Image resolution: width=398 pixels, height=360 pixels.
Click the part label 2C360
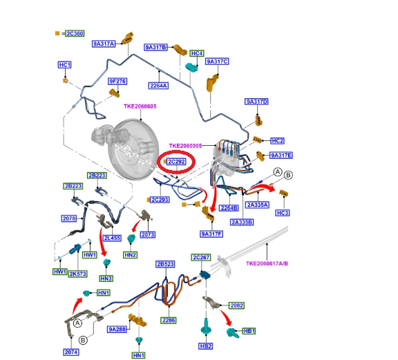[75, 33]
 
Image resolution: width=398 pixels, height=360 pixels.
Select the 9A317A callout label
[104, 44]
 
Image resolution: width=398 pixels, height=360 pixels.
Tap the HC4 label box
[197, 53]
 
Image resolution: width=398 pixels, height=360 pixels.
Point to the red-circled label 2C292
[177, 162]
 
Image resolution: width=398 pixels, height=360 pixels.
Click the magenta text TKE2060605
[140, 106]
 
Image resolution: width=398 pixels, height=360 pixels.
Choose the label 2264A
[159, 86]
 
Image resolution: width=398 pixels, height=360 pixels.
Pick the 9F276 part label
[117, 82]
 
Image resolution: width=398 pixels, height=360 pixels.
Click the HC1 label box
[65, 65]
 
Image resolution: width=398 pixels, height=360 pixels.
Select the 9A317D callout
[256, 102]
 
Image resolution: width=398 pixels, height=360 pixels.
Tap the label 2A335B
[242, 222]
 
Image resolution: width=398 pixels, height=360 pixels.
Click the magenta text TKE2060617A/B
[267, 263]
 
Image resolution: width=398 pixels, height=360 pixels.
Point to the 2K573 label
[77, 274]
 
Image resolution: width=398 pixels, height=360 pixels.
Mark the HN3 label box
[106, 278]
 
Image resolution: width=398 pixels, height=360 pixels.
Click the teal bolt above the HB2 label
[206, 326]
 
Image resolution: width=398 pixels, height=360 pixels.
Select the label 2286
[169, 321]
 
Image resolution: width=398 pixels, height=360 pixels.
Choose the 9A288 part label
[117, 330]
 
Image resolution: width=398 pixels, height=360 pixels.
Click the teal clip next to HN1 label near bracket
[87, 293]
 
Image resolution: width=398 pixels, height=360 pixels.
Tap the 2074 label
[71, 352]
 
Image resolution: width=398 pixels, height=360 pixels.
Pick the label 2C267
[201, 258]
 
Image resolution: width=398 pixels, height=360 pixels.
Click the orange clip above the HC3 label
[283, 193]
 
